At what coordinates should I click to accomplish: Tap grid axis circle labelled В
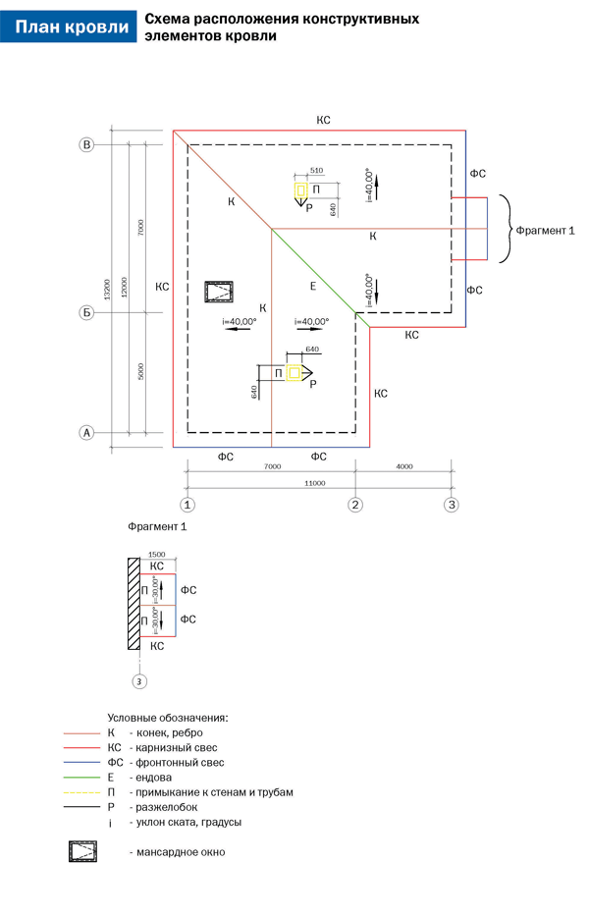coord(86,145)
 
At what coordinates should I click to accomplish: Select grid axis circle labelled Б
coord(86,313)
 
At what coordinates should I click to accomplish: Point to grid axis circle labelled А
coord(86,432)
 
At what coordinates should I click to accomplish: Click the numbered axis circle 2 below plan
coord(356,505)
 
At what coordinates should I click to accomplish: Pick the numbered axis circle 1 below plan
coord(187,505)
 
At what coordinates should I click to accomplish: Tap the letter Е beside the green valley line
coord(312,286)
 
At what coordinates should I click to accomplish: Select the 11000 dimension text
coord(315,483)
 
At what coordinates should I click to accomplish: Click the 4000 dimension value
coord(404,466)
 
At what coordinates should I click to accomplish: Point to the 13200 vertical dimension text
coord(107,291)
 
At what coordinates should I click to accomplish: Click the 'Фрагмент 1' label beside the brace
coord(544,230)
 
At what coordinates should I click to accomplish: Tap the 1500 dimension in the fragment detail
coord(155,554)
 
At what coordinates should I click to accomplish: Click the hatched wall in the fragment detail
coord(132,605)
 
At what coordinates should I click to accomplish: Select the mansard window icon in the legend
coord(84,851)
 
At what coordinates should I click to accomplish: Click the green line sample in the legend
coord(82,777)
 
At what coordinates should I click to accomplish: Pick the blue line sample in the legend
coord(82,762)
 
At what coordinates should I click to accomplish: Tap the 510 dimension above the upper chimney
coord(316,171)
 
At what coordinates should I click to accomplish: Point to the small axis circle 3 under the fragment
coord(139,680)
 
